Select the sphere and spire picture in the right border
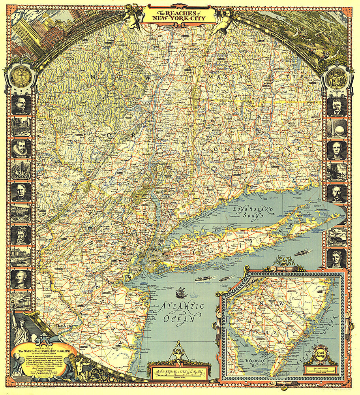click(337, 128)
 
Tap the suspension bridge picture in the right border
click(337, 172)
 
